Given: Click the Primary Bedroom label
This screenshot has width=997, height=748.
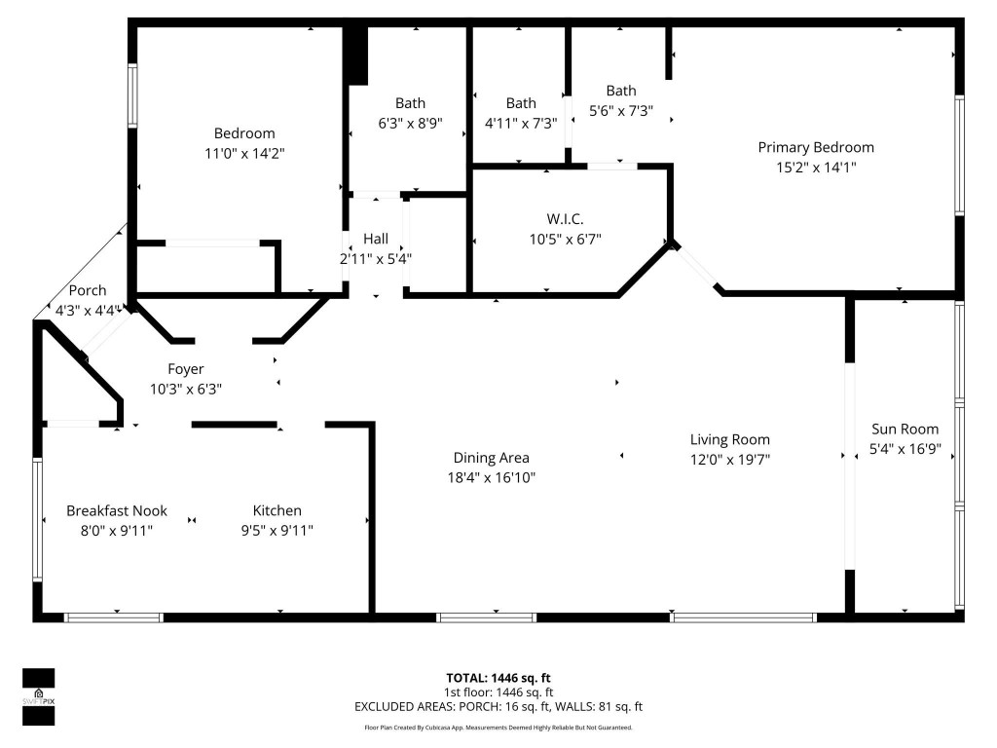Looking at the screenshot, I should point(816,147).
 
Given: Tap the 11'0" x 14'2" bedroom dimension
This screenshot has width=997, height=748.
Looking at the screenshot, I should point(244,153).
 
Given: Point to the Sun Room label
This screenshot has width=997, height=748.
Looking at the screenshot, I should point(905,429).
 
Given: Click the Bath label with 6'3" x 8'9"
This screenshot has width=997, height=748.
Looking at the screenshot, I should point(410,103).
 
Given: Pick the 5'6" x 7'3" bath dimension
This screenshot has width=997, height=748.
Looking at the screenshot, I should point(621,111).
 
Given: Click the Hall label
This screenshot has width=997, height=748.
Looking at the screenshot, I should point(376,239).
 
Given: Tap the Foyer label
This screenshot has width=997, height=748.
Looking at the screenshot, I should point(186,369).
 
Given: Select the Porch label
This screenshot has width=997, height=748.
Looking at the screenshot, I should point(87,291).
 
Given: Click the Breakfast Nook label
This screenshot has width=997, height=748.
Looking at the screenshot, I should point(117,510).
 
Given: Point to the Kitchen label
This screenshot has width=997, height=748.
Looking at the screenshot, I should point(277,510).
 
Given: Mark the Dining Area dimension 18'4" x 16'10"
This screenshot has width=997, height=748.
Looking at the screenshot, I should point(491,477).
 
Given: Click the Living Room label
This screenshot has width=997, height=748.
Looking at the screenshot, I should point(730,439).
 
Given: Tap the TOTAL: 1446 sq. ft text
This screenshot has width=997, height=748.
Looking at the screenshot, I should point(498,677).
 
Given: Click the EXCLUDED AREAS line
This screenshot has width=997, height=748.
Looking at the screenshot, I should point(498,707).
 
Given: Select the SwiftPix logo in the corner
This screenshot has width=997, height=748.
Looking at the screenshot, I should point(39,696).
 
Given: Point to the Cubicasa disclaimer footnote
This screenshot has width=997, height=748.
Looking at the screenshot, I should point(498,728).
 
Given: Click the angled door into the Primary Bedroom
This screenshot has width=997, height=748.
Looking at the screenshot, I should point(696,267).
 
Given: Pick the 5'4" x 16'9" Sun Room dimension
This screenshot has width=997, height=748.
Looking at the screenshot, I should point(905,449).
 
